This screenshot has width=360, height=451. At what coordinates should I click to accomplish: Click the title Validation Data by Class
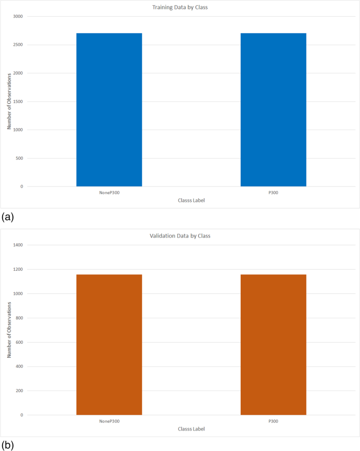pyautogui.click(x=180, y=236)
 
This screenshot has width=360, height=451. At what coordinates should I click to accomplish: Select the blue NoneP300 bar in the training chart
pyautogui.click(x=109, y=110)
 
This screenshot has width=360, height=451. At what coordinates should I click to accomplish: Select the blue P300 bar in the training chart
pyautogui.click(x=273, y=110)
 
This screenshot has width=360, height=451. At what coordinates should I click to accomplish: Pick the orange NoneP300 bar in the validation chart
pyautogui.click(x=109, y=344)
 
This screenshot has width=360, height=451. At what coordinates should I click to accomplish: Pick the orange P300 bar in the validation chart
pyautogui.click(x=273, y=344)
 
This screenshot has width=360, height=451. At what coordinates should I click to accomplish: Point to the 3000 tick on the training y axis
pyautogui.click(x=18, y=16)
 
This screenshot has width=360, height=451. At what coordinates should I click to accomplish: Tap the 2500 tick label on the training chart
pyautogui.click(x=18, y=45)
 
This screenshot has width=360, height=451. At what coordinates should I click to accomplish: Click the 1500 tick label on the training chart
pyautogui.click(x=18, y=101)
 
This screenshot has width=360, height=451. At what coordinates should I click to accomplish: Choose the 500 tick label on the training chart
pyautogui.click(x=19, y=158)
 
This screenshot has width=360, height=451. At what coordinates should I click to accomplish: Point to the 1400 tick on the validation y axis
pyautogui.click(x=18, y=245)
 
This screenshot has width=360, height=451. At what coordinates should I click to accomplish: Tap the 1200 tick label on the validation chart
pyautogui.click(x=18, y=269)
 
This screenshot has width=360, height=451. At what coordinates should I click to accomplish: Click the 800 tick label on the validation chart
pyautogui.click(x=19, y=318)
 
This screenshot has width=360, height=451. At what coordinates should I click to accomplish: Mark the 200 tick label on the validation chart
pyautogui.click(x=19, y=391)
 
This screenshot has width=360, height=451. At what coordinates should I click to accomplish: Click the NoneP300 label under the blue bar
pyautogui.click(x=109, y=192)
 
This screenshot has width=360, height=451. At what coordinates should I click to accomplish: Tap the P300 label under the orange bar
pyautogui.click(x=273, y=421)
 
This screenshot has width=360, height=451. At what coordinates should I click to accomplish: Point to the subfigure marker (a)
pyautogui.click(x=8, y=217)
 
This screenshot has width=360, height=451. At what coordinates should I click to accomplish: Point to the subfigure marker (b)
pyautogui.click(x=8, y=445)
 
